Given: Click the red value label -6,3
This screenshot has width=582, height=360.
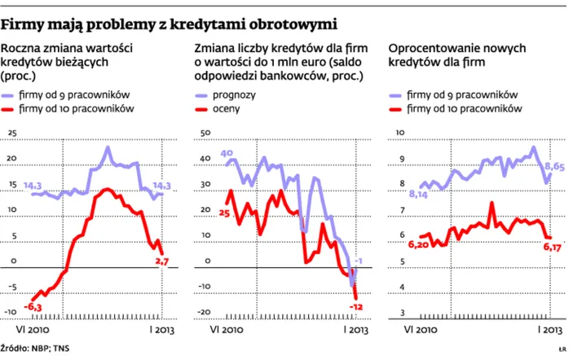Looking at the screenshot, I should tap(33, 305).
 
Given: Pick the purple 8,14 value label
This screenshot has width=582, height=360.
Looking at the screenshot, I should tap(418, 194).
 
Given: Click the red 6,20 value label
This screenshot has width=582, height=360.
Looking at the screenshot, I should tap(418, 244).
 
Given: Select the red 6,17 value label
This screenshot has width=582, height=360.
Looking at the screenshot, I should tap(553, 245).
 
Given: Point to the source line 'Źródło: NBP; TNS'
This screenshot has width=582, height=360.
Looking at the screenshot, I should tap(37, 348).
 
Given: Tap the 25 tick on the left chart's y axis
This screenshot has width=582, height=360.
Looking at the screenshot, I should tap(11, 132).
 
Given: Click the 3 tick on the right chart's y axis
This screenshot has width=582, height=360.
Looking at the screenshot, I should tap(399, 313).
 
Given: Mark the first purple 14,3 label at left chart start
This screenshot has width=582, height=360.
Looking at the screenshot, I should tap(33, 185).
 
